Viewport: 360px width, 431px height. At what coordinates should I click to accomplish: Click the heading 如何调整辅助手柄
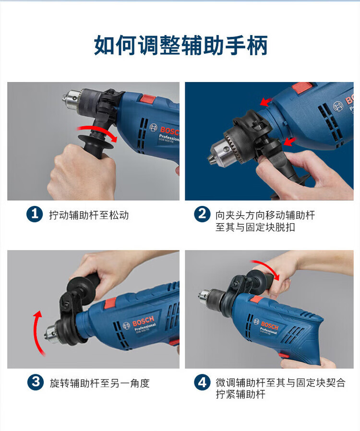tap(180, 45)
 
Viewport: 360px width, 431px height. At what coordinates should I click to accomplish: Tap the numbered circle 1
tap(35, 214)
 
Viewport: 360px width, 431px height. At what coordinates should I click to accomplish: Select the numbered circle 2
tap(202, 214)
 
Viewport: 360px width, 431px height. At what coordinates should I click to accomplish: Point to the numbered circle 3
tap(36, 382)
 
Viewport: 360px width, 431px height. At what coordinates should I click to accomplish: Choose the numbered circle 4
tap(202, 382)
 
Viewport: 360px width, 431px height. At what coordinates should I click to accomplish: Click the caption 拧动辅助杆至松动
tap(89, 215)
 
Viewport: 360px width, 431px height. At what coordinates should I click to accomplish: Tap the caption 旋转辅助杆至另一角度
tap(99, 383)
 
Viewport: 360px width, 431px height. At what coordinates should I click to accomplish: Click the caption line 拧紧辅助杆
tap(240, 395)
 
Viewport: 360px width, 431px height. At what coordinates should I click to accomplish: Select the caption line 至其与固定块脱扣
tap(255, 227)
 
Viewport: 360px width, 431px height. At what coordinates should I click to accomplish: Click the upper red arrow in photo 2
tap(266, 101)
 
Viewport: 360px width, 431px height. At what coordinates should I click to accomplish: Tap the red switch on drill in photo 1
tap(148, 98)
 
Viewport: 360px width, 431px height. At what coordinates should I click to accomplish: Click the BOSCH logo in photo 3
tap(143, 321)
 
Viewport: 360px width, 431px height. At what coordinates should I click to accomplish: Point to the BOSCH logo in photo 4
tap(270, 326)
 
